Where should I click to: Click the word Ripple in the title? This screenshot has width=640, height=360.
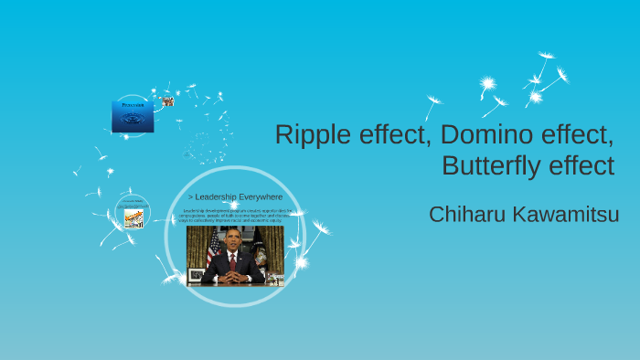310,135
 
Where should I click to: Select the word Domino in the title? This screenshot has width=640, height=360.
483,135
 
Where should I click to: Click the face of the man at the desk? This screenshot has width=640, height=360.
232,239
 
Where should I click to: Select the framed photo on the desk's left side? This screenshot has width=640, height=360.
196,274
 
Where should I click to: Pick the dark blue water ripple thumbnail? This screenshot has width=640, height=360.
132,118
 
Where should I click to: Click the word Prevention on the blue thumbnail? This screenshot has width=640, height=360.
132,105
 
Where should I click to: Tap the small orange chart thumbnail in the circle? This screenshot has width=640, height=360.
133,217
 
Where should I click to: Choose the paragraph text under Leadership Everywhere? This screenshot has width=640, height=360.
235,216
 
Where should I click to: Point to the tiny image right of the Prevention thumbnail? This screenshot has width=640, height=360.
168,101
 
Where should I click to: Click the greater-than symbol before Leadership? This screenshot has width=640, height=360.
190,196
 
